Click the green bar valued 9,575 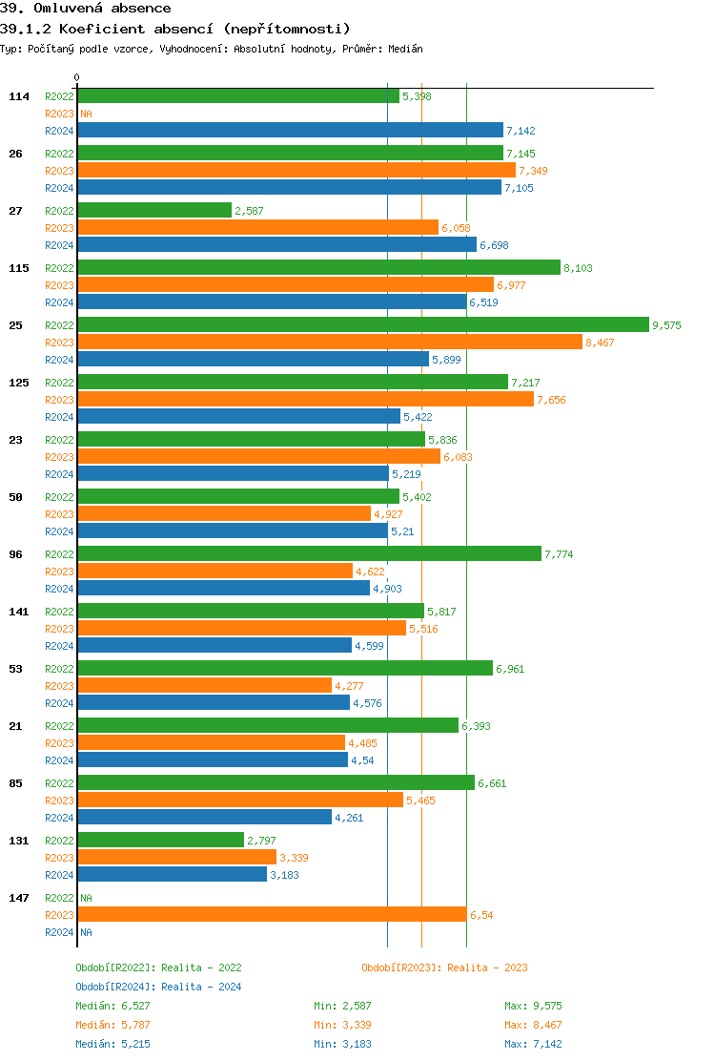click(362, 325)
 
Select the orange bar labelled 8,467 click(329, 343)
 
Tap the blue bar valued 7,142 click(290, 131)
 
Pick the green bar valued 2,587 click(154, 211)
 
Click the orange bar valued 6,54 click(272, 915)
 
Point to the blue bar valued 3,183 click(172, 875)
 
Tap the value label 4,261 click(349, 818)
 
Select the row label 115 click(19, 268)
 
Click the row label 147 click(19, 898)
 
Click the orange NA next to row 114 click(86, 114)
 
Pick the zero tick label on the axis click(76, 77)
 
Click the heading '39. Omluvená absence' click(86, 9)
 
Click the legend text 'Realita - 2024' click(201, 987)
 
